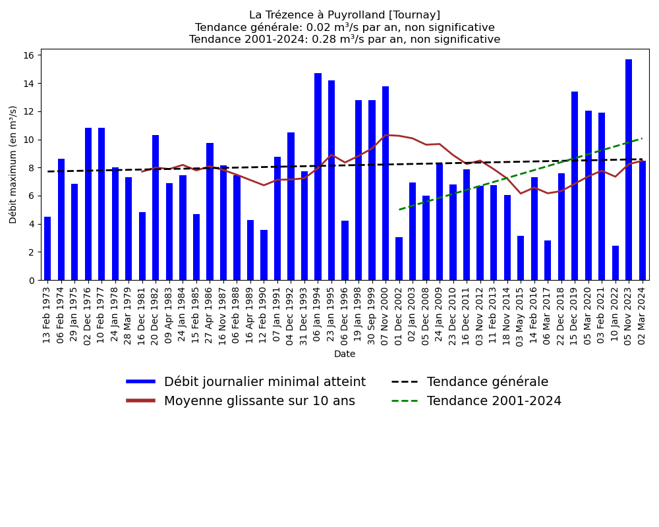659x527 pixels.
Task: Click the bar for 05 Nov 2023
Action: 629,170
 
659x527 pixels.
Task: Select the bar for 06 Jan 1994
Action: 318,177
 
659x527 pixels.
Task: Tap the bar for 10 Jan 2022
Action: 616,263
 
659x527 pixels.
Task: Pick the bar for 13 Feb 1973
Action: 47,248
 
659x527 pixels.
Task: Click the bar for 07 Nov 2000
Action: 386,183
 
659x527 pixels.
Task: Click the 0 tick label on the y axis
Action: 32,280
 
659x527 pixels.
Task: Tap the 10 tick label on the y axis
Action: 30,140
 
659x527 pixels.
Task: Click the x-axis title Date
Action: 345,354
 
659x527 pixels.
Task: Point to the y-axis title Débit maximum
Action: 14,164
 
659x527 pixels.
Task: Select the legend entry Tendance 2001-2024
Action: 494,401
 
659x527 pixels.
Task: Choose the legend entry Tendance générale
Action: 488,382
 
